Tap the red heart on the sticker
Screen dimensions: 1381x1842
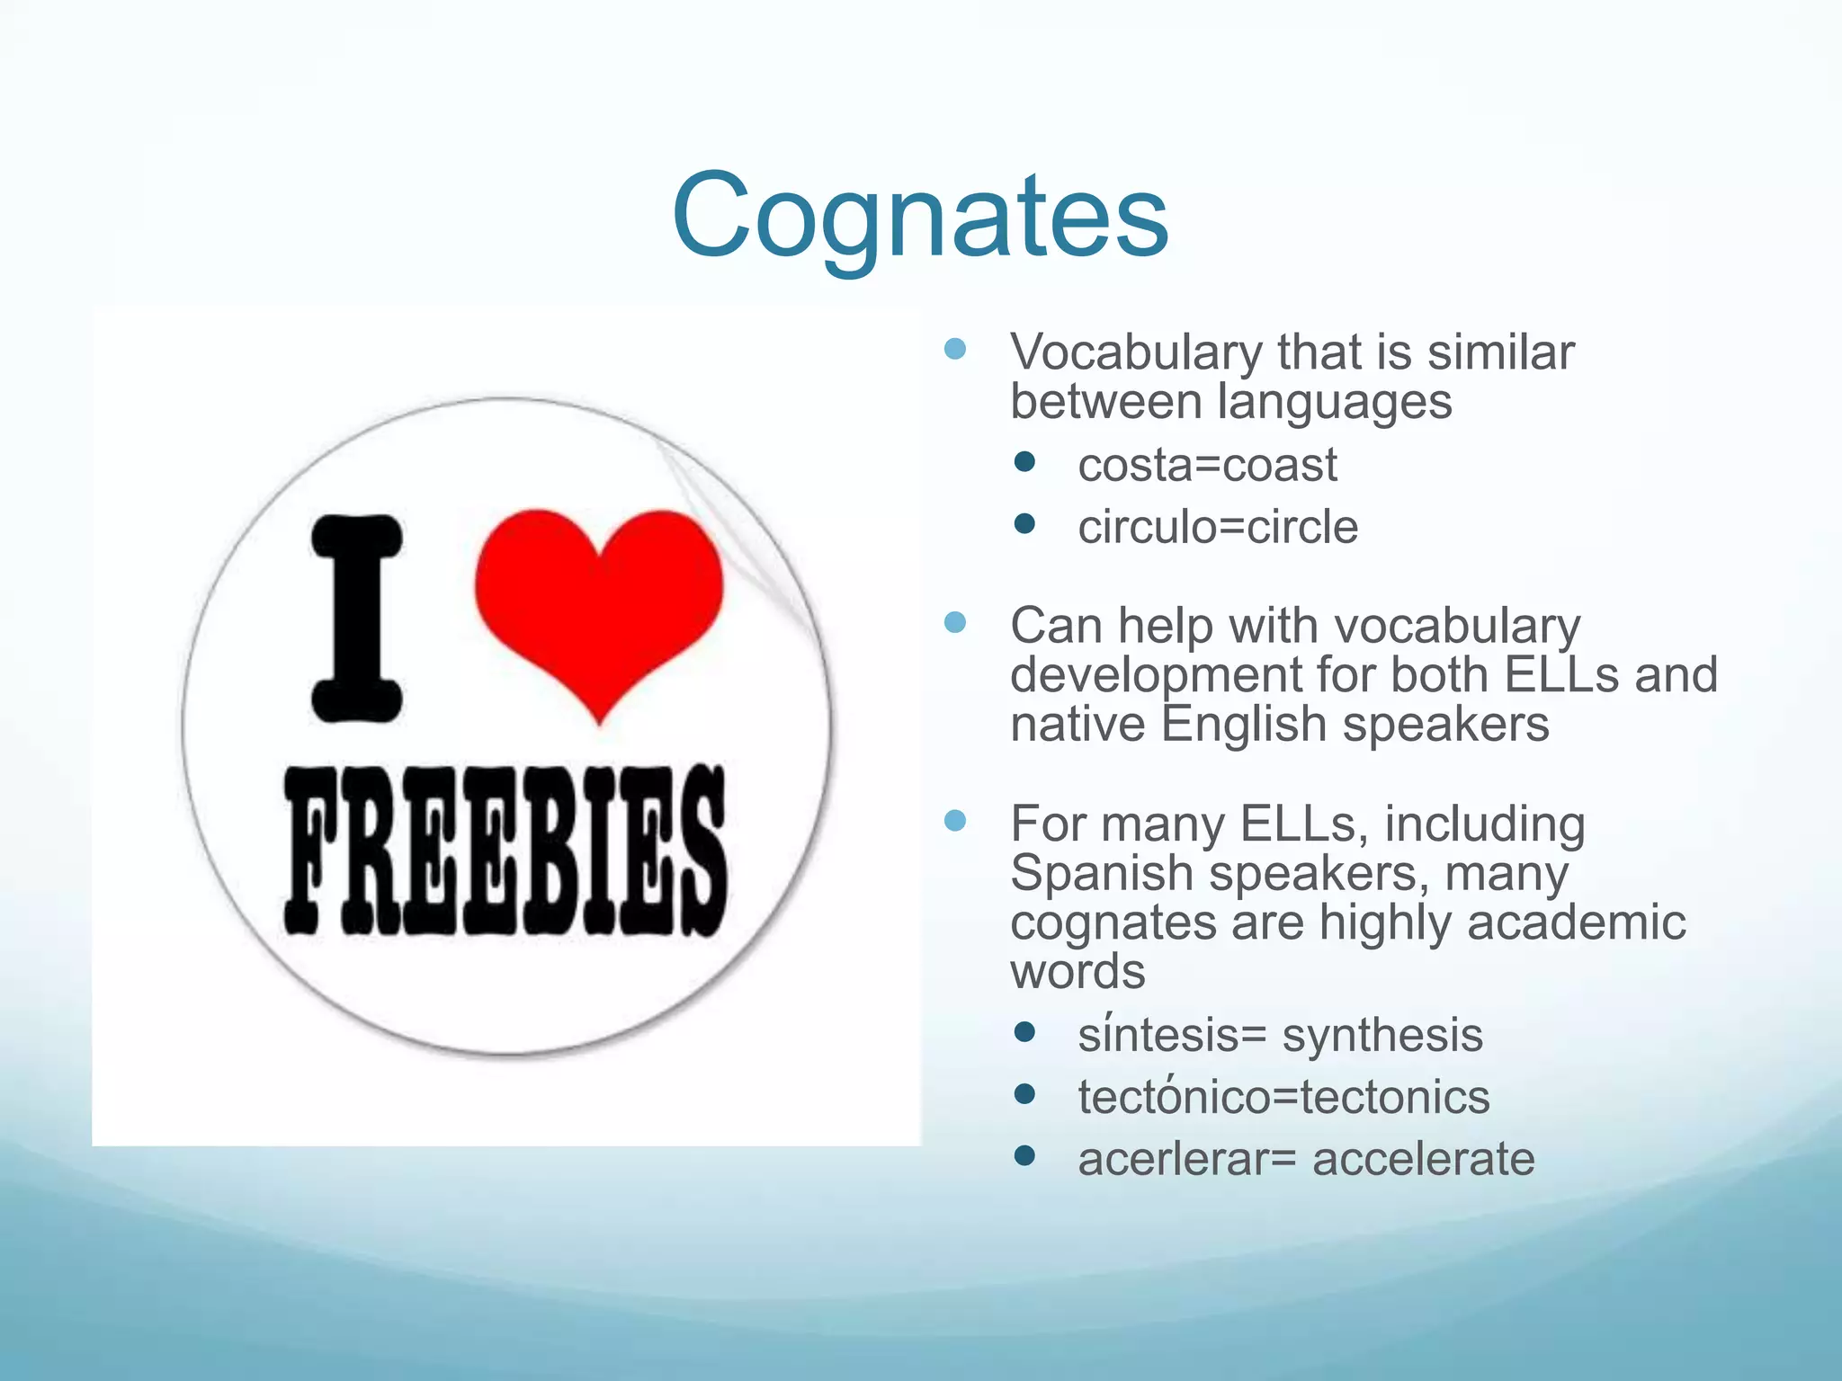tap(599, 602)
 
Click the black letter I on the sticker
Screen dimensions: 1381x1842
tap(357, 619)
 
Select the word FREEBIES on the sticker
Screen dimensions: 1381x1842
tap(505, 850)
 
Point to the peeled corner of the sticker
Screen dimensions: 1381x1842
tap(738, 521)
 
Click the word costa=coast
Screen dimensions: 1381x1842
tap(1207, 466)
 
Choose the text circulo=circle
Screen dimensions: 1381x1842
tap(1218, 527)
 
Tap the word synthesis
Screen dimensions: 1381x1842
tap(1381, 1035)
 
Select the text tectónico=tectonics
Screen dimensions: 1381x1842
tap(1283, 1097)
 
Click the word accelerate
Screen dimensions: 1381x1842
tap(1423, 1159)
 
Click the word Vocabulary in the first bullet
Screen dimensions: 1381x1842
tap(1135, 352)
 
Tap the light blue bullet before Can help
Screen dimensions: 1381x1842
tap(955, 622)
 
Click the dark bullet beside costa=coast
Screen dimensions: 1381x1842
tap(1024, 462)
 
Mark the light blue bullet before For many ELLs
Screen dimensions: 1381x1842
tap(955, 820)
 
